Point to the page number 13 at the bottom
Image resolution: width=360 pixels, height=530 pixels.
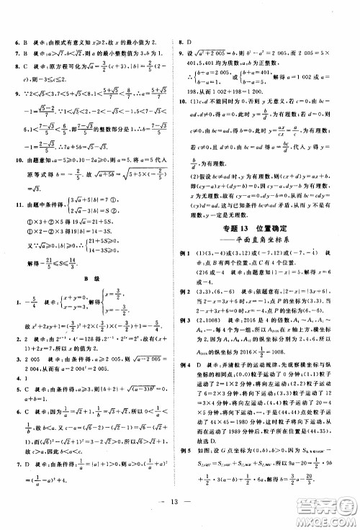(x=179, y=518)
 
